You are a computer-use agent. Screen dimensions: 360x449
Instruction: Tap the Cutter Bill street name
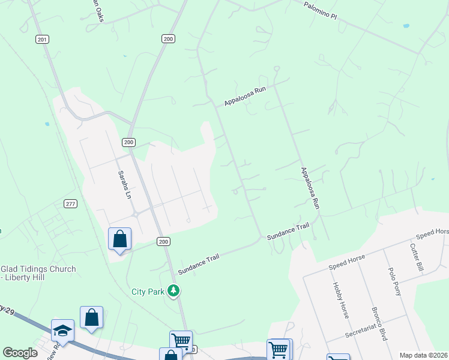tap(417, 257)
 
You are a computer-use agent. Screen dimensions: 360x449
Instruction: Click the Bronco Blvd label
tap(379, 326)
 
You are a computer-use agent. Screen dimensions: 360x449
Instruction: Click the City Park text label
tap(148, 292)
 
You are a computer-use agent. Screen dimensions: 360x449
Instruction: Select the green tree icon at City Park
tap(173, 291)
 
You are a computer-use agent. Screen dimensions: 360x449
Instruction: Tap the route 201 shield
tap(41, 39)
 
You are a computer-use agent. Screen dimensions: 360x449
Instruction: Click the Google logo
tap(20, 353)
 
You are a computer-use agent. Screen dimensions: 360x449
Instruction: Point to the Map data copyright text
tap(423, 355)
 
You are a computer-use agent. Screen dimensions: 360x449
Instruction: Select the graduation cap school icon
tap(62, 331)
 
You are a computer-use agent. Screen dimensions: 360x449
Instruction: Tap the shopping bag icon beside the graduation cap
tap(91, 317)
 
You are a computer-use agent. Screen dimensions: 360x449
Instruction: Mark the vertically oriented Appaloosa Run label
tap(310, 187)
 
